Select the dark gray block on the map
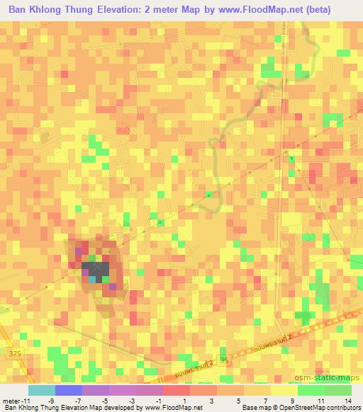pyautogui.click(x=96, y=269)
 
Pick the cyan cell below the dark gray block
pyautogui.click(x=94, y=279)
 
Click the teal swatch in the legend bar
pyautogui.click(x=42, y=390)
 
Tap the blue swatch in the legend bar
pyautogui.click(x=69, y=390)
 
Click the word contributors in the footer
pyautogui.click(x=340, y=408)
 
